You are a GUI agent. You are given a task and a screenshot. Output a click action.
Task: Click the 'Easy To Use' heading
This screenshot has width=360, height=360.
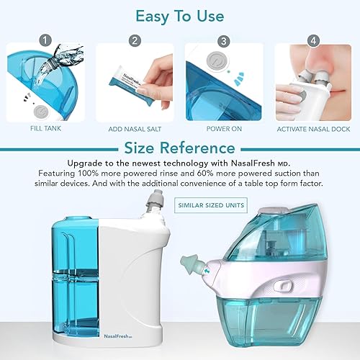[x=179, y=16]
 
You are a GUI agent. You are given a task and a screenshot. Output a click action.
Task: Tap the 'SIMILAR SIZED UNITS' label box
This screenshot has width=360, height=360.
[x=210, y=205]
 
